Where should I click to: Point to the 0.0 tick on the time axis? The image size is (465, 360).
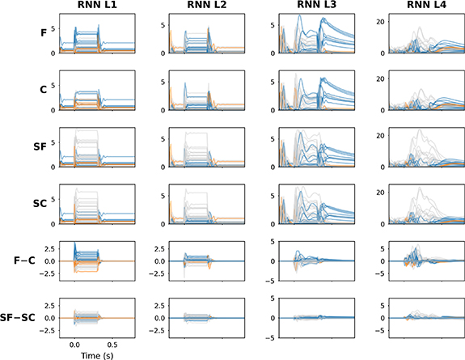[x=74, y=343]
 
